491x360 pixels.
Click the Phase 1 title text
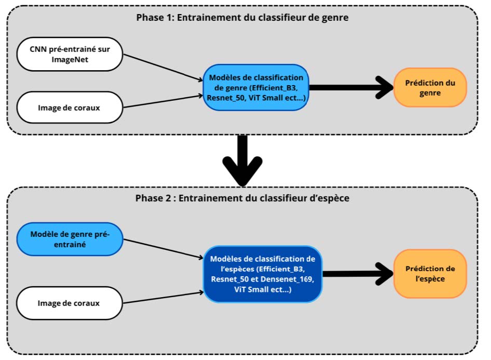pos(242,18)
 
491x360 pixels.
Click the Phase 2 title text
pos(242,198)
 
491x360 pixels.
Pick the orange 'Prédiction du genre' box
pos(430,88)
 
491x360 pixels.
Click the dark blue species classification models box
pos(263,274)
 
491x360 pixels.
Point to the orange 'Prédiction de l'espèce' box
pos(430,274)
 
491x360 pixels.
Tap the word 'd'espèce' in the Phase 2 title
pos(330,198)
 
